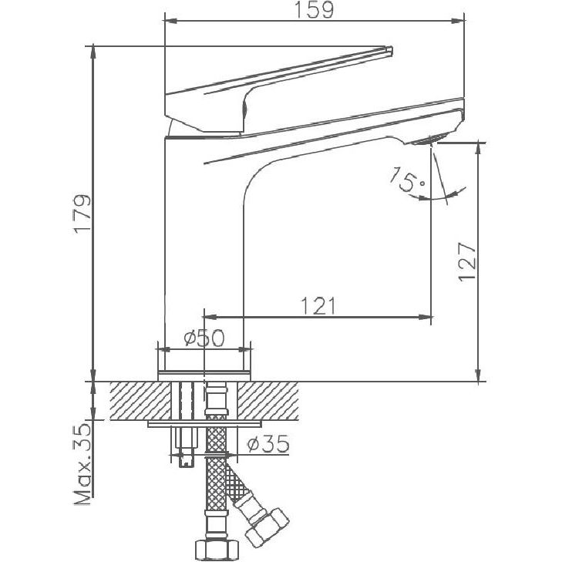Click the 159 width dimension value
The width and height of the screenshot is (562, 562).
(x=314, y=11)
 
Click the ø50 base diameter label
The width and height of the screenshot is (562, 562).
(x=204, y=338)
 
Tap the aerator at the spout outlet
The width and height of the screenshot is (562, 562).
(x=426, y=140)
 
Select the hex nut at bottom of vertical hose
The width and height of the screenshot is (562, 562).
(x=214, y=549)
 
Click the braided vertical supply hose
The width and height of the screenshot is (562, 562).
(x=215, y=486)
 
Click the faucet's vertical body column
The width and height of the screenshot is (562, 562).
(x=204, y=254)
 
